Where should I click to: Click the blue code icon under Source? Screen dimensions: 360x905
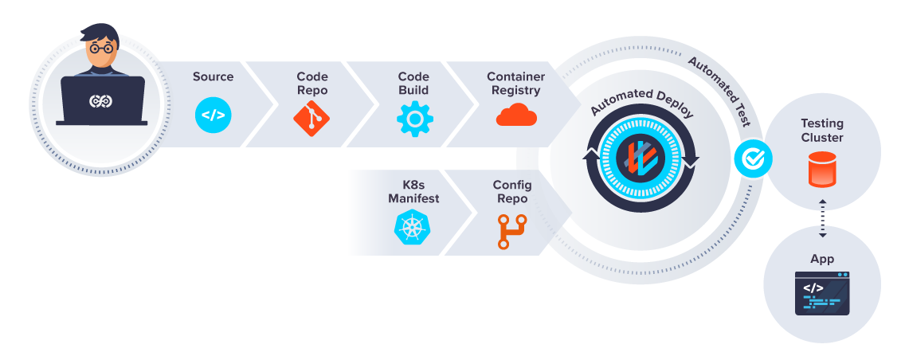click(x=213, y=115)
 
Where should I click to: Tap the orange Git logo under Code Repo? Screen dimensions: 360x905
click(x=311, y=116)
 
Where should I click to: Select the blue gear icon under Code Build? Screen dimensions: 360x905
click(x=414, y=116)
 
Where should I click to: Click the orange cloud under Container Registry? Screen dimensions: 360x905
click(x=516, y=115)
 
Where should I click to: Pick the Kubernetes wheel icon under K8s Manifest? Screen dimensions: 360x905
click(x=412, y=227)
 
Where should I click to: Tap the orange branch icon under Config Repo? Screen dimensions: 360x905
click(x=513, y=229)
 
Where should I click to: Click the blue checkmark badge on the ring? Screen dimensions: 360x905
click(x=751, y=159)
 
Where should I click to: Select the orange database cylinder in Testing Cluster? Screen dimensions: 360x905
click(x=822, y=170)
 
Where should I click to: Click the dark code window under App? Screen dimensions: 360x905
click(x=822, y=292)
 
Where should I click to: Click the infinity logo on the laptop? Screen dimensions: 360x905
click(x=101, y=101)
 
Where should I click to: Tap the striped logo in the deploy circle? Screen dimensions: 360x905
click(x=640, y=157)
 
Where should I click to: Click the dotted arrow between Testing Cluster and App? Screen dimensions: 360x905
click(x=822, y=217)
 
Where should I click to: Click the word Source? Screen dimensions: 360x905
click(x=213, y=76)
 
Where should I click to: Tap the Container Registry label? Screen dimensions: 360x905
click(x=516, y=83)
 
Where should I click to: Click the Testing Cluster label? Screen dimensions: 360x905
click(x=822, y=131)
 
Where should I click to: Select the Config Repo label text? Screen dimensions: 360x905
click(x=512, y=192)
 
